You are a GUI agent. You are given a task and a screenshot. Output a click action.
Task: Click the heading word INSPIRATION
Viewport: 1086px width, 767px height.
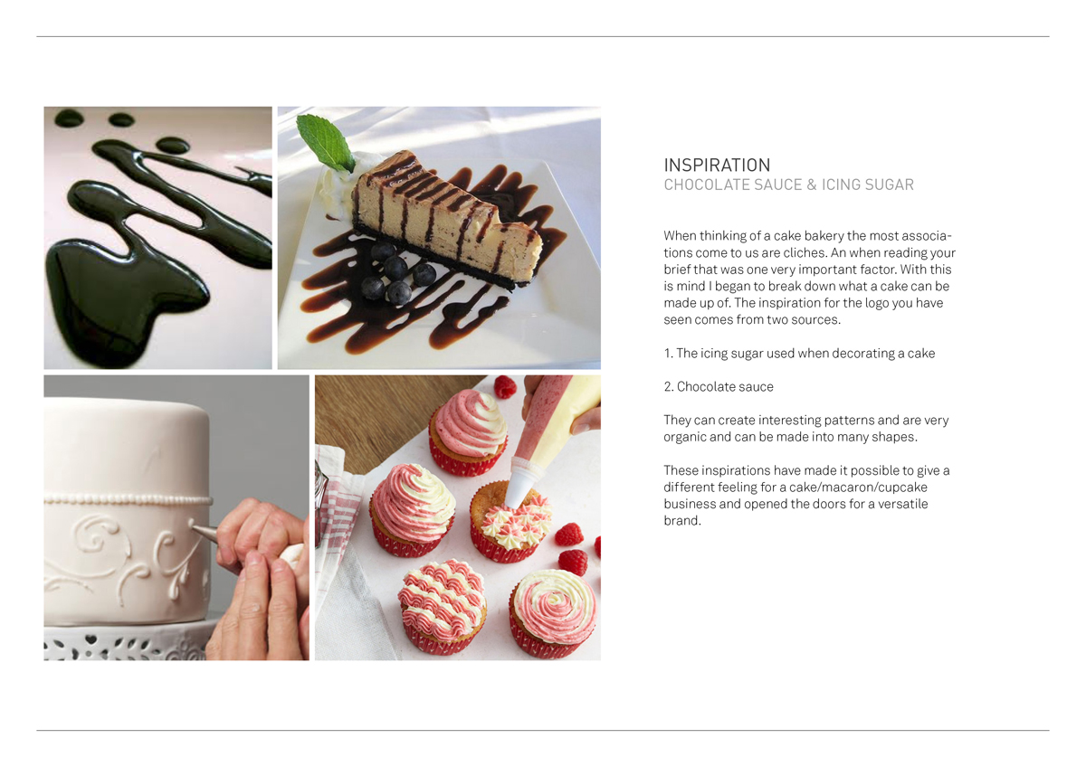[x=717, y=166]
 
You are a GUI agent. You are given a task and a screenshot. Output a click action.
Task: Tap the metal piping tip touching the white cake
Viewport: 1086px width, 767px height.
[x=203, y=532]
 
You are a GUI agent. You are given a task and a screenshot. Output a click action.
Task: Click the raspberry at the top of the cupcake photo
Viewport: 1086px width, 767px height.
[x=504, y=387]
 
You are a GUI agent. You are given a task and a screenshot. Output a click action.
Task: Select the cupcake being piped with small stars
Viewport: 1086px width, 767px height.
[x=511, y=522]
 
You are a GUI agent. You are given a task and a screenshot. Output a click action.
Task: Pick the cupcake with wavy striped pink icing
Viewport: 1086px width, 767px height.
[x=443, y=607]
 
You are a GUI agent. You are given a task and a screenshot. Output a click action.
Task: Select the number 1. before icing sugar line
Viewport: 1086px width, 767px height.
[x=669, y=354]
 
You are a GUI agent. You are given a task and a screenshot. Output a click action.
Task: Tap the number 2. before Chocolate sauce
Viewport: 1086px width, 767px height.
[x=669, y=386]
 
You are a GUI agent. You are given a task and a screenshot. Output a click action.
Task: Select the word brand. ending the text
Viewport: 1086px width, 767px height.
[x=682, y=521]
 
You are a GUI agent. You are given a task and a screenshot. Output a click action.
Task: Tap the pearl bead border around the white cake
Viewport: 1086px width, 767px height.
[x=128, y=499]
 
